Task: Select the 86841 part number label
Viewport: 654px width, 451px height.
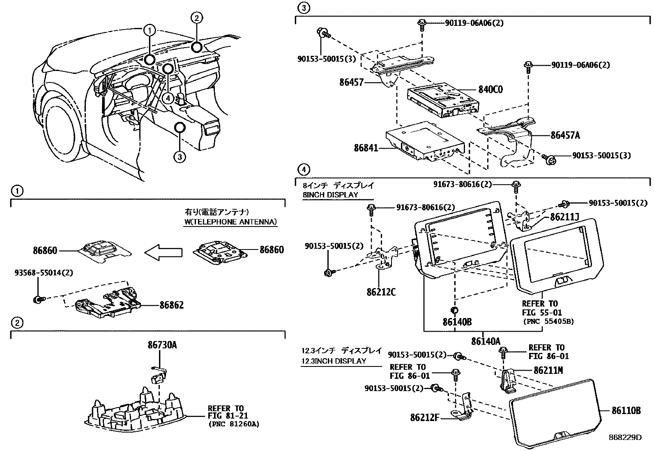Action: pyautogui.click(x=366, y=147)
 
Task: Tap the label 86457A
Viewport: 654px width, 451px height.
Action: pyautogui.click(x=565, y=135)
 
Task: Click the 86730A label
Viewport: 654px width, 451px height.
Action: pyautogui.click(x=162, y=345)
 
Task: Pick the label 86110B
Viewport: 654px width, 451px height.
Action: pyautogui.click(x=626, y=410)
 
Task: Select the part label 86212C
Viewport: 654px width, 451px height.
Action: pyautogui.click(x=381, y=292)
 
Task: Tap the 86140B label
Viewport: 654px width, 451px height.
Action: pyautogui.click(x=457, y=322)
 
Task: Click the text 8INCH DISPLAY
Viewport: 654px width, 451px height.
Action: pyautogui.click(x=330, y=195)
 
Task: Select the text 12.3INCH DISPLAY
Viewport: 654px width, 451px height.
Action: pyautogui.click(x=333, y=361)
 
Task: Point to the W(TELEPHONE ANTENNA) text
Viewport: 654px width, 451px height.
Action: pyautogui.click(x=230, y=222)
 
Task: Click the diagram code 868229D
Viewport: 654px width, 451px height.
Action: pyautogui.click(x=625, y=437)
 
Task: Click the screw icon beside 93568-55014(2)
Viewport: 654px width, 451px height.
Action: pyautogui.click(x=38, y=300)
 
